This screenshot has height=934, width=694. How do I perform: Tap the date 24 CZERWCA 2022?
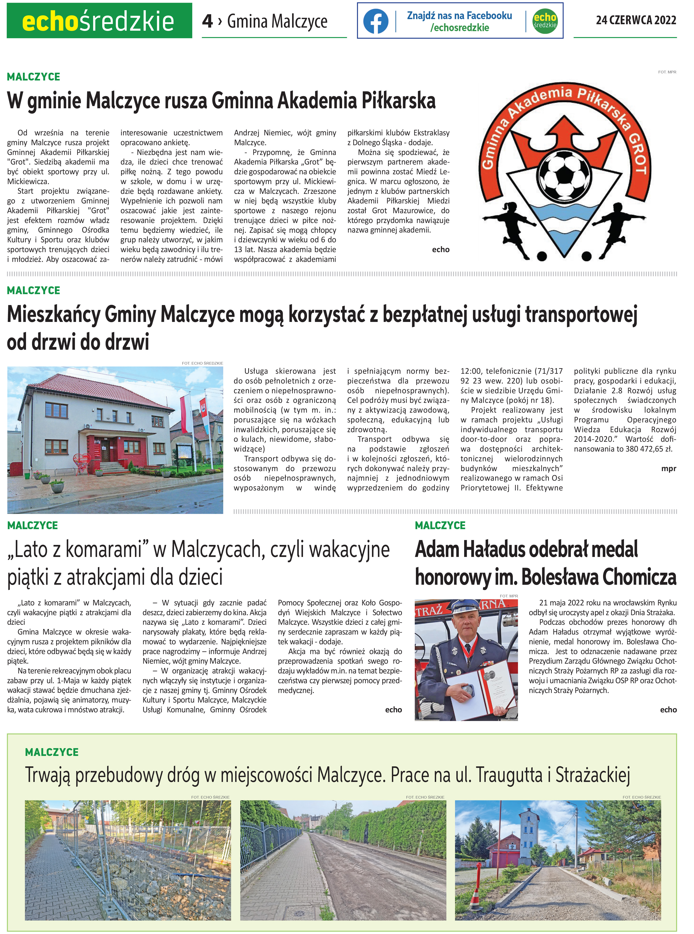pyautogui.click(x=636, y=20)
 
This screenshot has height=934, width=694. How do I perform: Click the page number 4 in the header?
pyautogui.click(x=207, y=21)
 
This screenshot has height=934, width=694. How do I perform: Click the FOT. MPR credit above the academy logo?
pyautogui.click(x=667, y=72)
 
